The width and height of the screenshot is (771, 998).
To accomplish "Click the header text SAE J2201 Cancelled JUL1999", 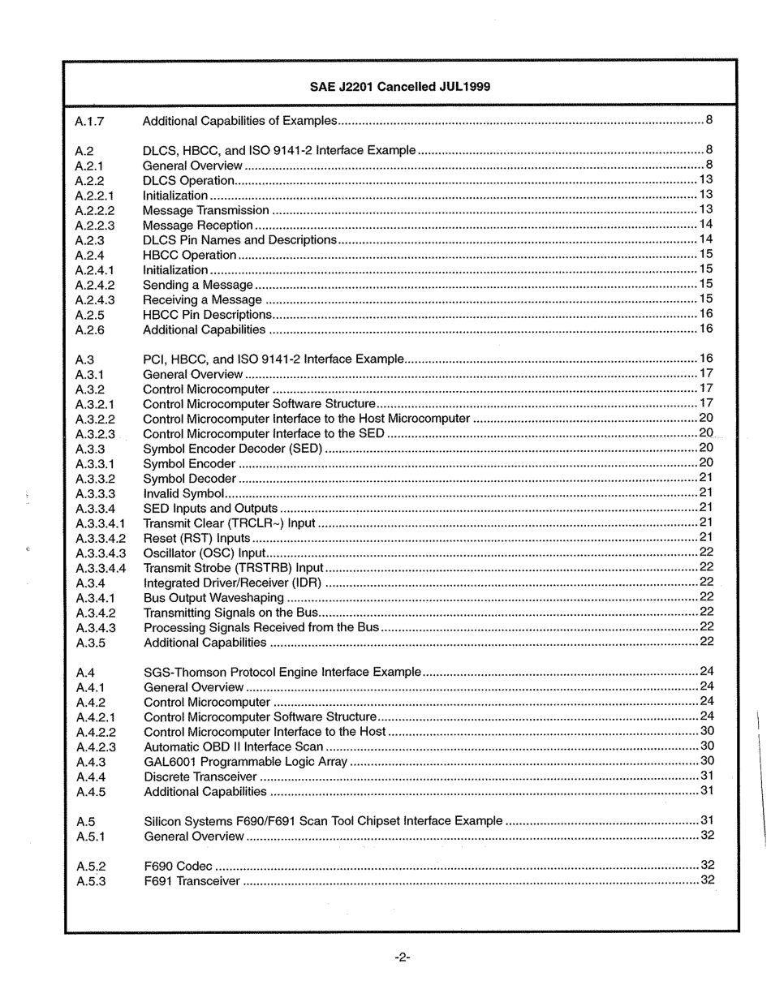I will tap(400, 87).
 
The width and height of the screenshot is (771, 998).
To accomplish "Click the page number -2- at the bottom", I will tap(403, 958).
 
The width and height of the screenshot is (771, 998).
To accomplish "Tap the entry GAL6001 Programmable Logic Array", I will tap(245, 762).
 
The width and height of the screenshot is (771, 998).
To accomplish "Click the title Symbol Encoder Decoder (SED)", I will tap(232, 449).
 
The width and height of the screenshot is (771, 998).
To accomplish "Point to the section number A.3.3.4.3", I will tap(101, 553).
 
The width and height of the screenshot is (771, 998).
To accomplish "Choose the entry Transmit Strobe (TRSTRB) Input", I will tap(233, 568).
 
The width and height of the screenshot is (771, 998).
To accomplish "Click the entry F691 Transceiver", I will tap(192, 881).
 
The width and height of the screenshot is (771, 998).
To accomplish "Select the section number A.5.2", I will tap(91, 867).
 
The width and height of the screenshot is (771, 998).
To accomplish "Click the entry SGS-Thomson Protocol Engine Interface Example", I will tap(282, 672).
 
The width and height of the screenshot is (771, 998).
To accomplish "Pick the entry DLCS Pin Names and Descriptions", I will tap(239, 240).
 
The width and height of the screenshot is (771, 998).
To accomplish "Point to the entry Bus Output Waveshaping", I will tap(213, 598).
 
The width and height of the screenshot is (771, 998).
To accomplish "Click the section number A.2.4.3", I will tap(95, 300).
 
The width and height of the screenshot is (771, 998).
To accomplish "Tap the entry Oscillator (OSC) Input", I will tap(205, 553).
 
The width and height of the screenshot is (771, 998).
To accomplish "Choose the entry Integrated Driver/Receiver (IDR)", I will tap(232, 583).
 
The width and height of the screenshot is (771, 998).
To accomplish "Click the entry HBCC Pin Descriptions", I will tap(207, 315).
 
